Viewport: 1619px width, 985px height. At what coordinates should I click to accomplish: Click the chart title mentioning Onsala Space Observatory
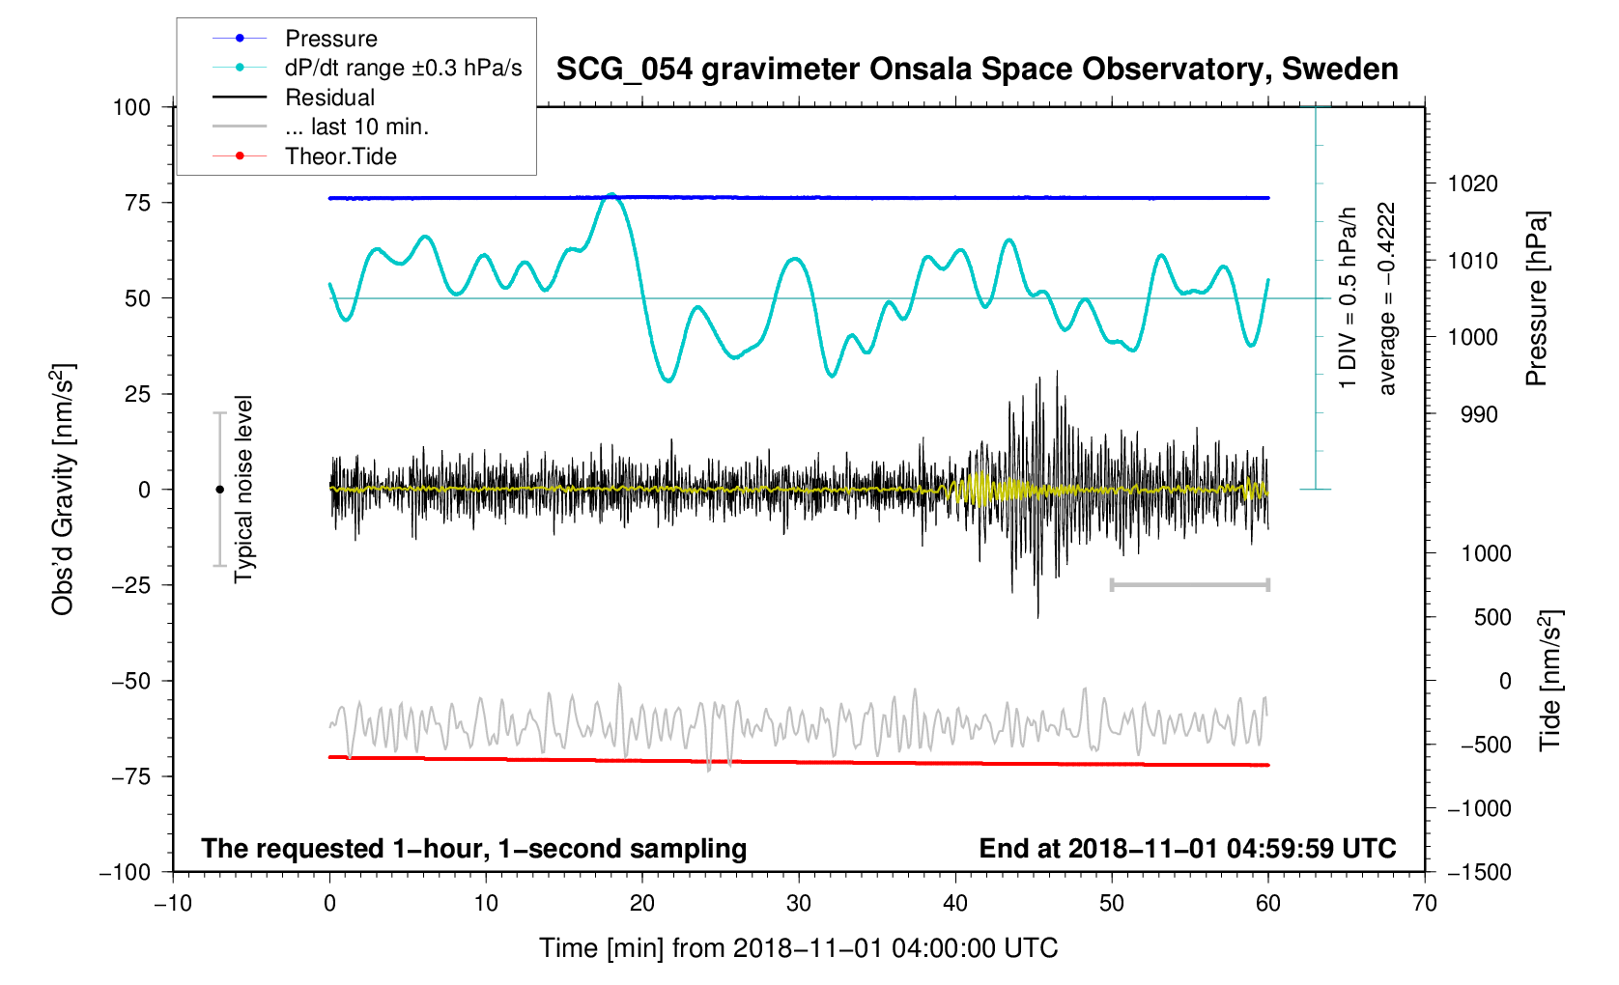[977, 70]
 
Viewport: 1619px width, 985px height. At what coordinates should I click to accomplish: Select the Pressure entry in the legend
[330, 39]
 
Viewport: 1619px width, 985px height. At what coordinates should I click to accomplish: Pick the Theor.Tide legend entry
[340, 156]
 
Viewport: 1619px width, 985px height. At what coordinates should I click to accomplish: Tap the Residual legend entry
[329, 98]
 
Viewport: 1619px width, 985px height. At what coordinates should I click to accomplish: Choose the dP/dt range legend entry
[403, 68]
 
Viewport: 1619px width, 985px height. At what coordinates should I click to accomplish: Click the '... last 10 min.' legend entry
[356, 127]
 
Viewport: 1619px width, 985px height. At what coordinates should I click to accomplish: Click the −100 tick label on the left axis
[127, 872]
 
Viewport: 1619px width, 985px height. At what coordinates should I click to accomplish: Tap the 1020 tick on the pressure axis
[1472, 183]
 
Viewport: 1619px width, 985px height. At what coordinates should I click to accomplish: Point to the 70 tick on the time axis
[1425, 904]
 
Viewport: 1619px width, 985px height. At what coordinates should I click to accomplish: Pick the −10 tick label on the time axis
[173, 904]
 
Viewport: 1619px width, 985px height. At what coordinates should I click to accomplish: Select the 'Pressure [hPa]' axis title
[1536, 298]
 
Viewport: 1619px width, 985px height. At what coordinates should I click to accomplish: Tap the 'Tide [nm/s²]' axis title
[1549, 681]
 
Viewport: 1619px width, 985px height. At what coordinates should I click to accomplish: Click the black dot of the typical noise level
[220, 490]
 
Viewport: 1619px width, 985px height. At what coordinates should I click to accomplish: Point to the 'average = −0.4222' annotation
[1387, 298]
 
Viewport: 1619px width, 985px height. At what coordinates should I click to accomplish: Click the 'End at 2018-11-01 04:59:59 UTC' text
[1187, 849]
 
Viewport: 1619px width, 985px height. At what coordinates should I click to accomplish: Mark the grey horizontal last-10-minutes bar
[1190, 584]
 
